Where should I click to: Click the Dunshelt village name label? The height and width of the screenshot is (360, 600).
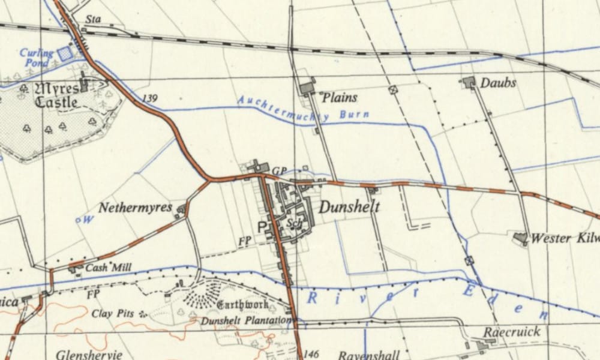[349, 208]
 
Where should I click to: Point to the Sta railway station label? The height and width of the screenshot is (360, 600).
[92, 20]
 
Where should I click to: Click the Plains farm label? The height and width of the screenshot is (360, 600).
[340, 97]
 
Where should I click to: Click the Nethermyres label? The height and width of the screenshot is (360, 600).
[136, 209]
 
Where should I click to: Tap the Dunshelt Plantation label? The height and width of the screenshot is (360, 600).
[245, 321]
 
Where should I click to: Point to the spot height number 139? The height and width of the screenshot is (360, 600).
[151, 98]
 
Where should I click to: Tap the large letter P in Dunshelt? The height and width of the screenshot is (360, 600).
[262, 227]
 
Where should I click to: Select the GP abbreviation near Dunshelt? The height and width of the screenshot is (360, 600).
[279, 171]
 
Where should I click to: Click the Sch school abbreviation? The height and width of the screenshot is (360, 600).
[293, 223]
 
